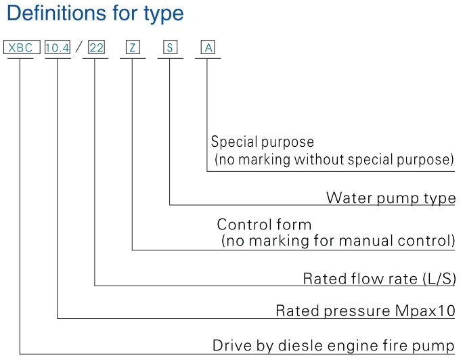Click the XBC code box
(x=20, y=48)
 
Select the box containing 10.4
(x=58, y=48)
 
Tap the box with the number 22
(x=97, y=48)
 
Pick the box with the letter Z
(x=133, y=48)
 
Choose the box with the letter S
(x=171, y=48)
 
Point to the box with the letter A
(x=208, y=48)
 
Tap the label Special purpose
(x=263, y=142)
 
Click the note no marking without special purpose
(x=334, y=160)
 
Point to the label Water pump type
(x=391, y=198)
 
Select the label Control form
(x=264, y=225)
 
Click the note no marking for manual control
(x=338, y=240)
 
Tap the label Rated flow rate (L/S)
(x=379, y=279)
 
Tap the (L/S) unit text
(x=438, y=279)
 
